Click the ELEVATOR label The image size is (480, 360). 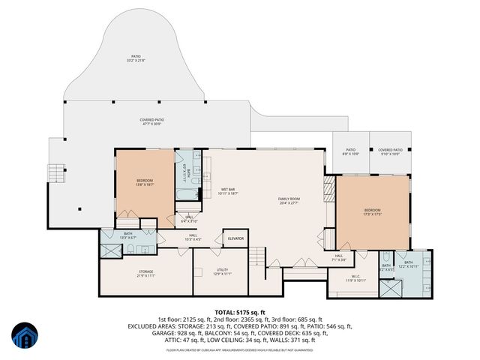[236, 238]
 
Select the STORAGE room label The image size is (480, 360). [145, 273]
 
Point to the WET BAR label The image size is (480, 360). [228, 190]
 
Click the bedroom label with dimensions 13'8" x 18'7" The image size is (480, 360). [145, 182]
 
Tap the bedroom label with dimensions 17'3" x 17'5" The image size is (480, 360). [373, 211]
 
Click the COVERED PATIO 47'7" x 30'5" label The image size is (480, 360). [151, 121]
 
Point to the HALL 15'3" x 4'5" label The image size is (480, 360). [193, 238]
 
